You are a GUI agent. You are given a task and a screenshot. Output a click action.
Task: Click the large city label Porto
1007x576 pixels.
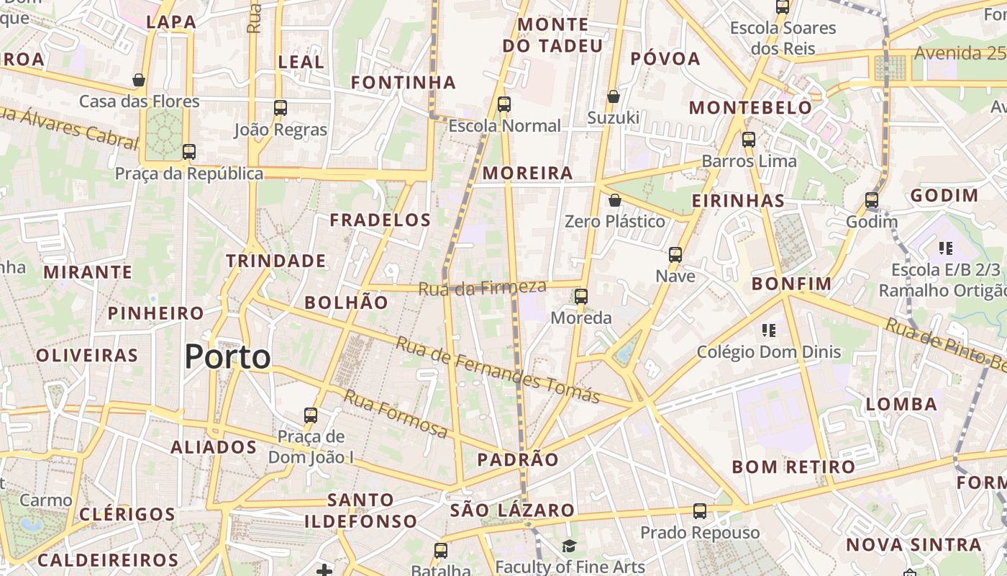coord(228,357)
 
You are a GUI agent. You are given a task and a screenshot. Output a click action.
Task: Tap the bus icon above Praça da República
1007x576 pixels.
coord(189,152)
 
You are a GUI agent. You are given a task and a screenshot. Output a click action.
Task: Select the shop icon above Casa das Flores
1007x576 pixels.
coord(139,79)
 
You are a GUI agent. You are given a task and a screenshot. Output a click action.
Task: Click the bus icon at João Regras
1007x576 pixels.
coord(281,108)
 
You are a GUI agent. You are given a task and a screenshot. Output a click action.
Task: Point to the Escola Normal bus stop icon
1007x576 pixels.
coord(504,104)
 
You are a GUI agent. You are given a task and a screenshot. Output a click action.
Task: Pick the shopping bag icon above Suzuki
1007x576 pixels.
coord(614,96)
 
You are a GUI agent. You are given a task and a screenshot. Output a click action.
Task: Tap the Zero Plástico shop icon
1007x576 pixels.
coord(615,199)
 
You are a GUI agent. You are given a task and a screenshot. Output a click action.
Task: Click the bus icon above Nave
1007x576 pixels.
coord(675,254)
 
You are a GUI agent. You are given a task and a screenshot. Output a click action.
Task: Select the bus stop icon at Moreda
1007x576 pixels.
coord(581,296)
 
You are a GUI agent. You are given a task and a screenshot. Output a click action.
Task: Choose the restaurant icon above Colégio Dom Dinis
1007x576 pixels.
coord(769,330)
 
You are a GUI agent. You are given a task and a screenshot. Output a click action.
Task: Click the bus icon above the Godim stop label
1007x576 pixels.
coord(872,200)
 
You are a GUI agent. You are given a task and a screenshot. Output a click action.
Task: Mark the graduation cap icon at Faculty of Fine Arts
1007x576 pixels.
coord(569,546)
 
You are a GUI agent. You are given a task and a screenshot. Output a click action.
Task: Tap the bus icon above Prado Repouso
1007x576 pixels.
coord(700,511)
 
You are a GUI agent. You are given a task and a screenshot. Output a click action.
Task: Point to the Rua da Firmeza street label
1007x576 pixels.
coord(483,287)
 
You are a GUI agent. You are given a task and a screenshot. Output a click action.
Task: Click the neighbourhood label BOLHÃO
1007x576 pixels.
coord(346,302)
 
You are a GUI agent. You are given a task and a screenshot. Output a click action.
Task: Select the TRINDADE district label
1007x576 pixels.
coord(276,261)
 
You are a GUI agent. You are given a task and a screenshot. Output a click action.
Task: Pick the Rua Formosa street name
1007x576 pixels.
coord(396,413)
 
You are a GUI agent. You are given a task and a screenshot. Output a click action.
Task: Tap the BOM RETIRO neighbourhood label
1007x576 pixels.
coord(793,467)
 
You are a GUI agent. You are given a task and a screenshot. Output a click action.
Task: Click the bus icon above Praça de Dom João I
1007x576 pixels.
coord(311,415)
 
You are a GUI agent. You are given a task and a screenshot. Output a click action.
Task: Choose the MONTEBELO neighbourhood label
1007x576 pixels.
coord(750,108)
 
